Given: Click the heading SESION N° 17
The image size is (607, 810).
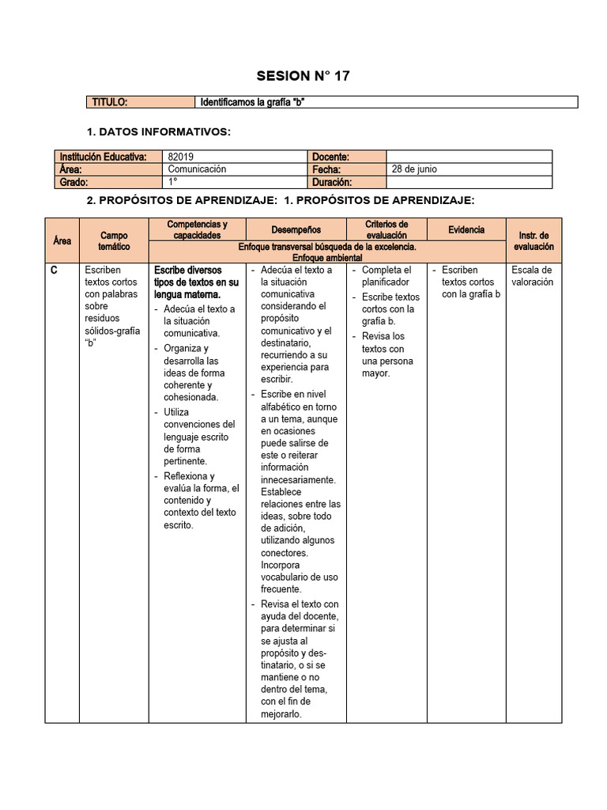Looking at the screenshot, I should tap(303, 76).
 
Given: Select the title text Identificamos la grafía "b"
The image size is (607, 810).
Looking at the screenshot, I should tap(258, 102).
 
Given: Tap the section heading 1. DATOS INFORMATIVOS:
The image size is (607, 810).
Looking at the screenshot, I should tap(158, 131).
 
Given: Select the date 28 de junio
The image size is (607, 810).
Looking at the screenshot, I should tap(414, 169).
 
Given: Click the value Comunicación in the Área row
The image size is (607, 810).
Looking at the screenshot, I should tap(197, 169).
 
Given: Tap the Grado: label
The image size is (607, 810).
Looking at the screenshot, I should tap(73, 182).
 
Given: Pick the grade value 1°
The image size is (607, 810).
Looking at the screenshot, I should tap(173, 182).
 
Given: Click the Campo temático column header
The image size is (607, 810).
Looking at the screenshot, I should tap(114, 241).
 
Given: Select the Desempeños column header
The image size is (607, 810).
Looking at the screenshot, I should tap(296, 229).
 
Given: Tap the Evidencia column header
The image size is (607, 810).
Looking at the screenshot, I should tap(466, 229).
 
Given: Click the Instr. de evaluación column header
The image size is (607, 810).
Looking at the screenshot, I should tap(533, 241).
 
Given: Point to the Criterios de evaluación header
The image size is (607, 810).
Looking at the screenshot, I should tap(386, 229).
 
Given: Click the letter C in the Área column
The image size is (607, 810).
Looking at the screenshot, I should tap(54, 271).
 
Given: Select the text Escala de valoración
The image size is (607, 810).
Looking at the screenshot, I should tap(532, 276).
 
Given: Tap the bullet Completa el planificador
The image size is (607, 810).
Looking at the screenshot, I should tap(386, 276).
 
